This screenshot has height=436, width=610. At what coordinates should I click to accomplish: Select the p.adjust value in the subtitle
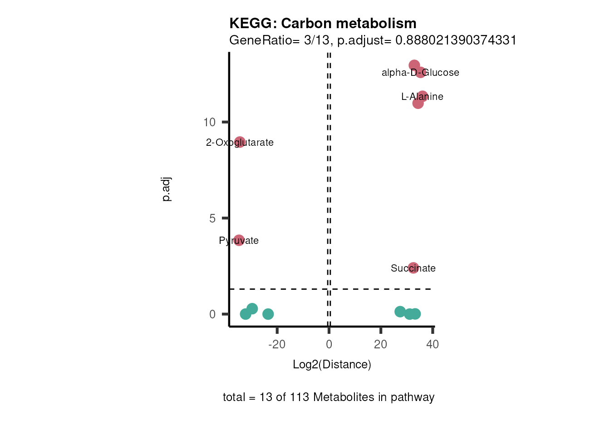point(456,40)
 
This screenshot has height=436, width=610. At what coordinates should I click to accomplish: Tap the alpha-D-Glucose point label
point(420,73)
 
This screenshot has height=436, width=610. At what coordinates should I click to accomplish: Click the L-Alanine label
point(422,97)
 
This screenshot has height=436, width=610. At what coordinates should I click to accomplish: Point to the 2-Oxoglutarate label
point(240,143)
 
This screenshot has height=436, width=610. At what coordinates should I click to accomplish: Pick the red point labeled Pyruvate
point(239,240)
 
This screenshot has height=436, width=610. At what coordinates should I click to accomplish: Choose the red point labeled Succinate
point(413,268)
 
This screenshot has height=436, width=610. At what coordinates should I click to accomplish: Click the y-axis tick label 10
point(209,122)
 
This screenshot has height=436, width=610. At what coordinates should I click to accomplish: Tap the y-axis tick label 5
point(212,218)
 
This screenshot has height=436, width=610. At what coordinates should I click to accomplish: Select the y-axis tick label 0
point(212,314)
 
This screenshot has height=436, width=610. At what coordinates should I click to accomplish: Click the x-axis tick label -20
point(277,345)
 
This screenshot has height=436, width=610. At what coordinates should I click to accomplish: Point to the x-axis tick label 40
point(433,345)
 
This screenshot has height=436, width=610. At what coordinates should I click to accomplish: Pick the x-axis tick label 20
point(380,345)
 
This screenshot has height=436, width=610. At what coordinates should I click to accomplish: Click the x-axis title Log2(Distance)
point(332,365)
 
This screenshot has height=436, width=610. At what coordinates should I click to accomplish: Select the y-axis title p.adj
point(167,189)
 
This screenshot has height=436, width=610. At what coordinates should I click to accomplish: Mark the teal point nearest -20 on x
point(268,314)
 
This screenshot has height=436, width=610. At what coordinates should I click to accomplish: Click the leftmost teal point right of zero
point(400,312)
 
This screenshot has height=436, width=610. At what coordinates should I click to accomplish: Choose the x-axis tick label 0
point(329,345)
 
